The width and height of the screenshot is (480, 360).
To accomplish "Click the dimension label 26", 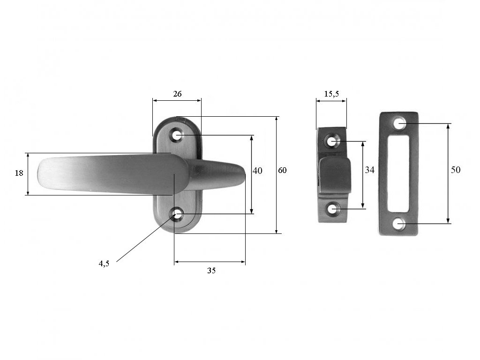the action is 177,94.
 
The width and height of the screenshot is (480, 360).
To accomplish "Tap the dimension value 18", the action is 19,173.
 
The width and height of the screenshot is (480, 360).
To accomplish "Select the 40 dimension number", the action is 257,171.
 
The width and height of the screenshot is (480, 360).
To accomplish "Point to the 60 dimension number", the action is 282,170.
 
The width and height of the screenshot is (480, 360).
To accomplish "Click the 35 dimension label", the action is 211,270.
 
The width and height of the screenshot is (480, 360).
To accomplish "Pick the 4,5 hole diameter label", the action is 104,263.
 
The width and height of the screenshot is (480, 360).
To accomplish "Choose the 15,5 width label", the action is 331,94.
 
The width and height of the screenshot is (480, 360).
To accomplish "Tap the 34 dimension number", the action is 369,170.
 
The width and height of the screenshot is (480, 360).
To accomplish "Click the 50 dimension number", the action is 456,170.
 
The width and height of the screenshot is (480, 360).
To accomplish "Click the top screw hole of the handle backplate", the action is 177,135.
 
